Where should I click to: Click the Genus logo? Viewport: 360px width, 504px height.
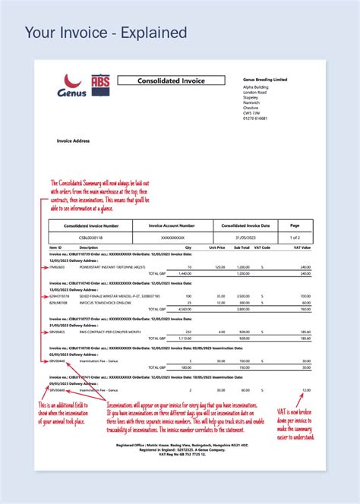(71, 87)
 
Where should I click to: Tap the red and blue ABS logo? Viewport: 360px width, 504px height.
(99, 85)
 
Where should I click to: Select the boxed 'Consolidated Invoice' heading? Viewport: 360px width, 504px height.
(171, 80)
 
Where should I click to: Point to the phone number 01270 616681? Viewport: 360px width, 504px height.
(256, 118)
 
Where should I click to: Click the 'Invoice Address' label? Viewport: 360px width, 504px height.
(74, 140)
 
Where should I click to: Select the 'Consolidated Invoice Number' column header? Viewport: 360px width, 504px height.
(90, 225)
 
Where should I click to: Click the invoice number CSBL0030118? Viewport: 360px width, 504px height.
(90, 237)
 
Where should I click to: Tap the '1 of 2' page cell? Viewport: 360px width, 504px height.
(295, 237)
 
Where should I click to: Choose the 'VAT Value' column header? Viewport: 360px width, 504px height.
(302, 247)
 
